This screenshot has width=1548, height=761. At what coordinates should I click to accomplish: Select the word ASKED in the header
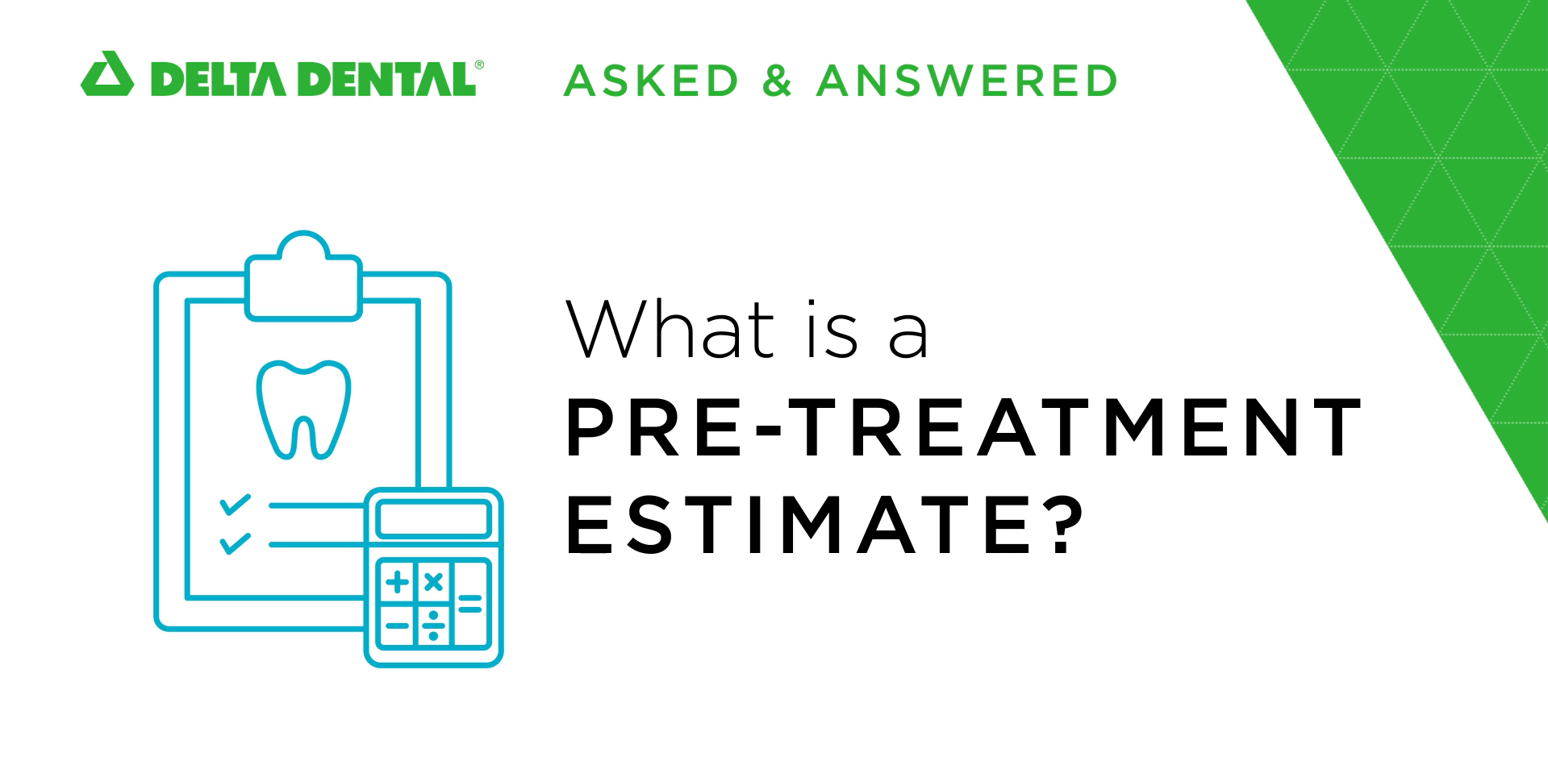click(651, 81)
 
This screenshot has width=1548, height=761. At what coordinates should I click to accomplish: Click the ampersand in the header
click(777, 81)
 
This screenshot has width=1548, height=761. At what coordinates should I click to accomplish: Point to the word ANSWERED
click(966, 81)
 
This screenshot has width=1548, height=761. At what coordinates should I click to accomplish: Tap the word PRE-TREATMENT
click(964, 427)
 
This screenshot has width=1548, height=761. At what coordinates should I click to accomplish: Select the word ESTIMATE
click(799, 526)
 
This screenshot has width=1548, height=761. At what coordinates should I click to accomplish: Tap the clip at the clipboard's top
click(303, 277)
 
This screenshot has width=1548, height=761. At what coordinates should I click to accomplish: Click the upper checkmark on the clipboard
click(235, 505)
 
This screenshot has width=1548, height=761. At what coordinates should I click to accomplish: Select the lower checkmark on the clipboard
click(235, 543)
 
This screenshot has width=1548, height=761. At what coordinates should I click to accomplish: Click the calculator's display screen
click(433, 519)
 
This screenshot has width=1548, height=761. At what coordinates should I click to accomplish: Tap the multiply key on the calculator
click(433, 581)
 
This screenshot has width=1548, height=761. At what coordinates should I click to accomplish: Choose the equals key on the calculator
click(471, 603)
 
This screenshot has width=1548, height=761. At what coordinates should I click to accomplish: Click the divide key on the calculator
click(433, 625)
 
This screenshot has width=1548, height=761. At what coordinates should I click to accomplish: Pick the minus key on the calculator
click(396, 625)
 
